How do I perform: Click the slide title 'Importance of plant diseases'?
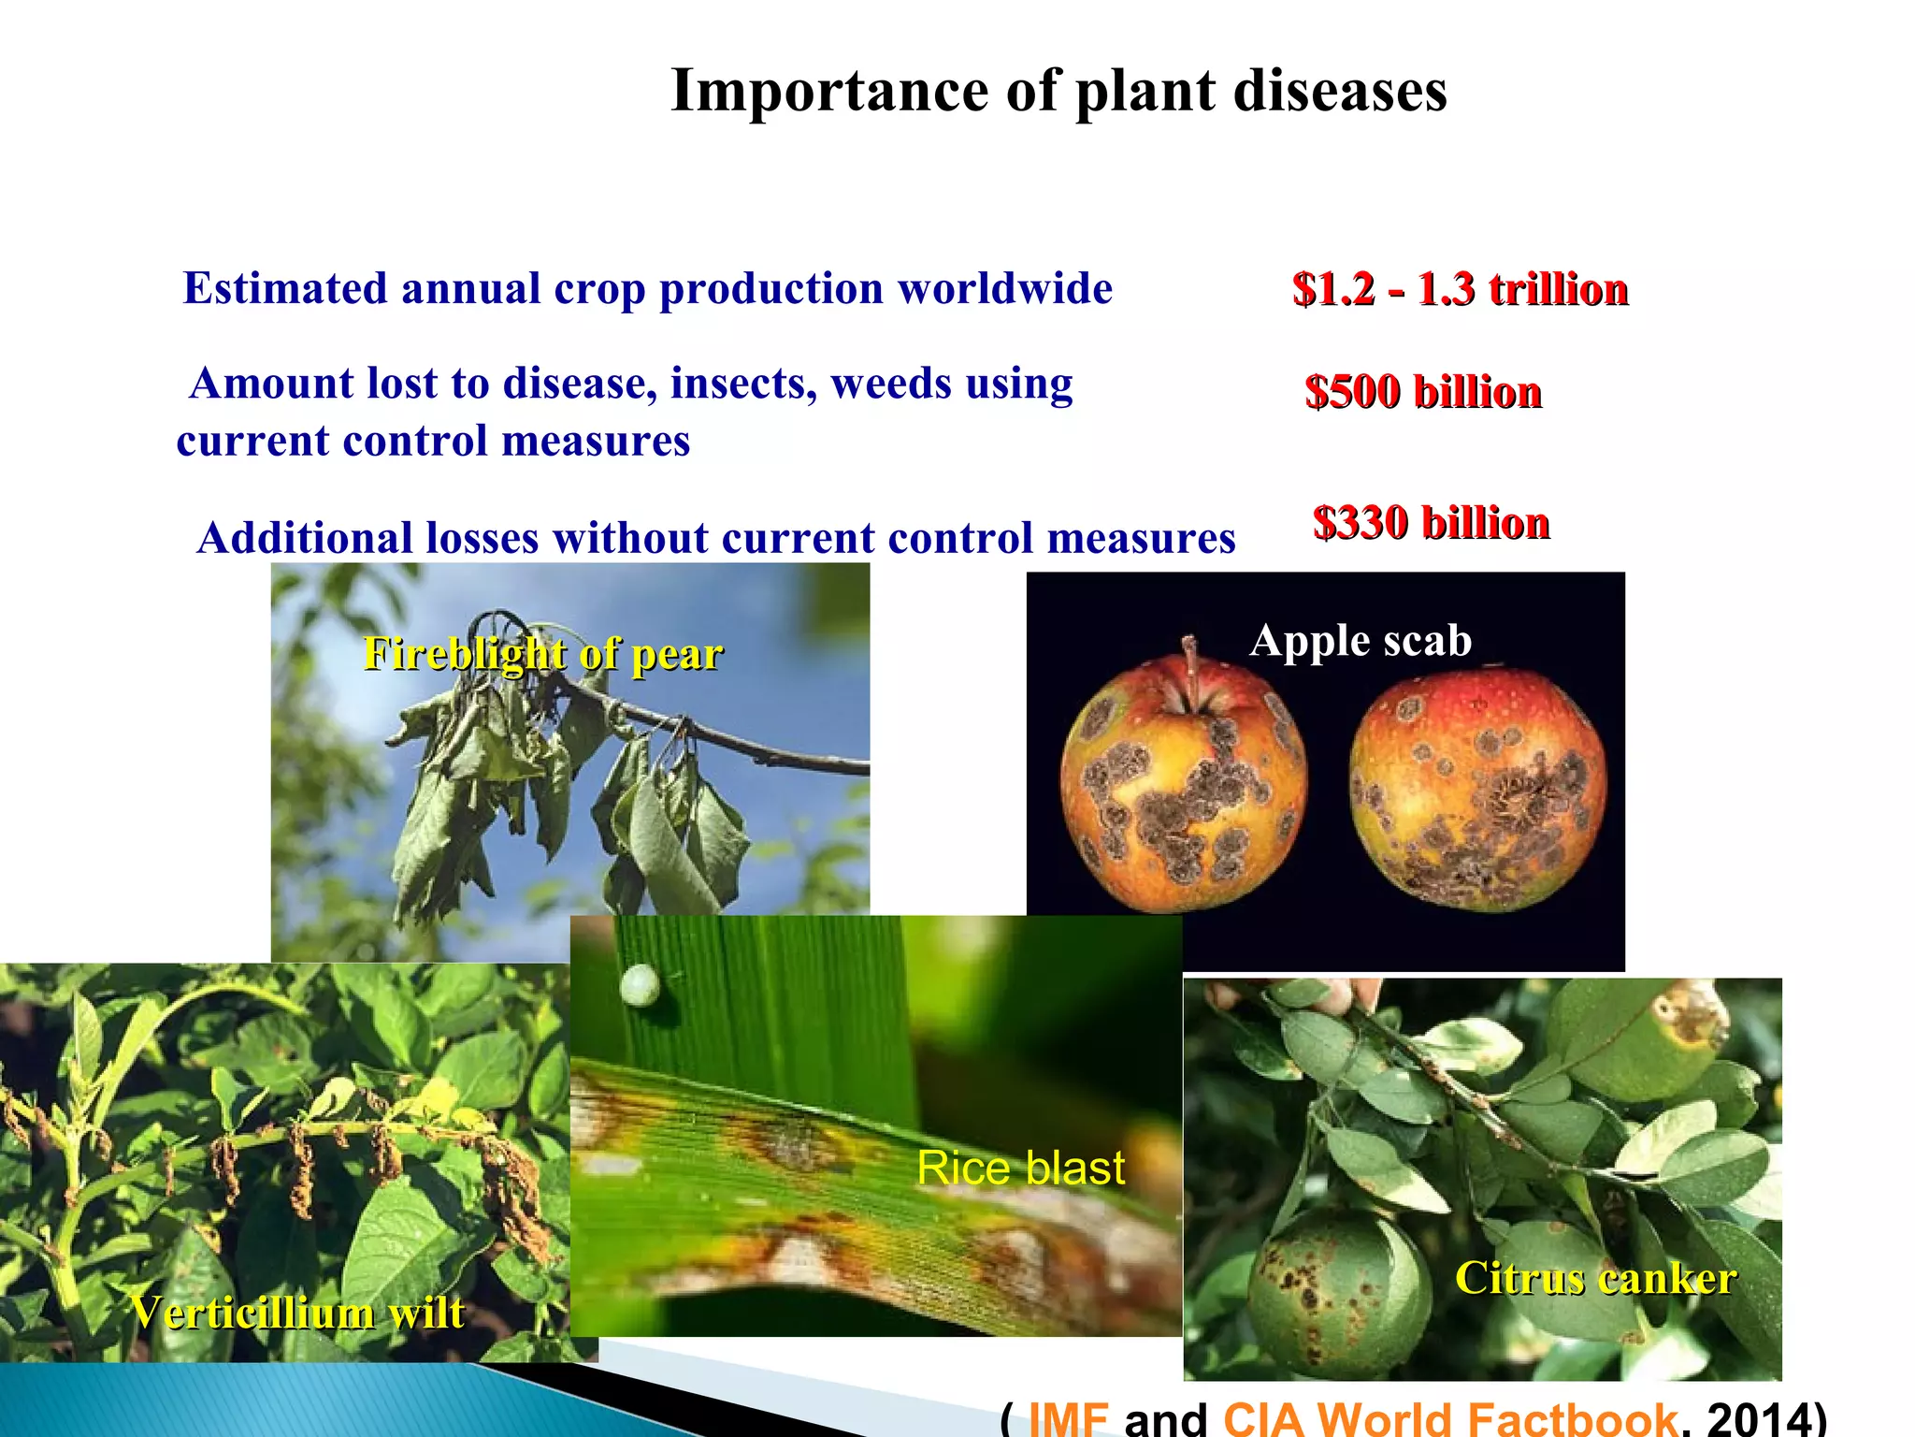1058,91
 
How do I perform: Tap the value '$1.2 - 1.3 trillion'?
1460,289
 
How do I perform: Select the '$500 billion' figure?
1422,392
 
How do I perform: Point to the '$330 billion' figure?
1431,523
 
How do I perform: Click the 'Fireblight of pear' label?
542,653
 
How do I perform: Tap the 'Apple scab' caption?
1361,641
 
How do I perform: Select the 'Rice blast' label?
1020,1168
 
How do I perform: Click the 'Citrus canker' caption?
1595,1278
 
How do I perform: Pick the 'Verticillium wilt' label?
296,1312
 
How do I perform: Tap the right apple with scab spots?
1477,791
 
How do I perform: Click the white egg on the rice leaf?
640,986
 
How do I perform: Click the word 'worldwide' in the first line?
1005,288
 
